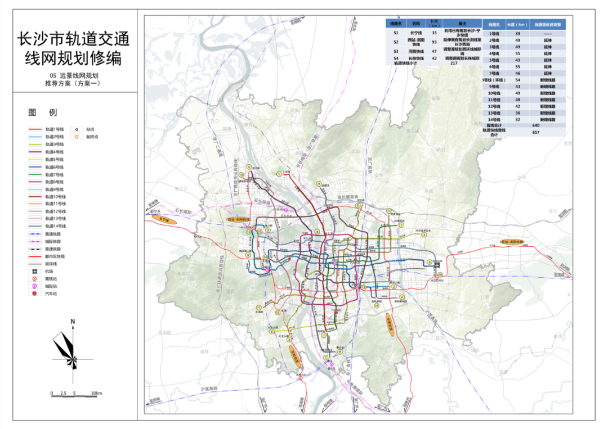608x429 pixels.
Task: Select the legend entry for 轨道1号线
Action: tap(55, 129)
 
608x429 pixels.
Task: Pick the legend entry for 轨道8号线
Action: tap(55, 182)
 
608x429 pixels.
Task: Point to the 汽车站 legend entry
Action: tap(51, 293)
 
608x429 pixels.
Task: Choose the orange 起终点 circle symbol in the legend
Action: tap(74, 137)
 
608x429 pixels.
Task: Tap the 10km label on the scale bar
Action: tap(96, 393)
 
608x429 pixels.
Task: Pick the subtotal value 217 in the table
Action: tap(454, 64)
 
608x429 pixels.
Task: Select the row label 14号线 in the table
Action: tap(494, 119)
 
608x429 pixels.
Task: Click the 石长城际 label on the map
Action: tap(182, 211)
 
